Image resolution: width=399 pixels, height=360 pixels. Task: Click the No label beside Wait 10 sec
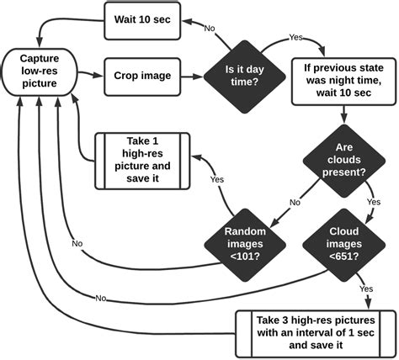210,28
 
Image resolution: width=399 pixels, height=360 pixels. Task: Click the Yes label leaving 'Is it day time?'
297,39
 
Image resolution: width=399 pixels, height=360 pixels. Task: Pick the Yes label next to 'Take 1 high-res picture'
217,179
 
